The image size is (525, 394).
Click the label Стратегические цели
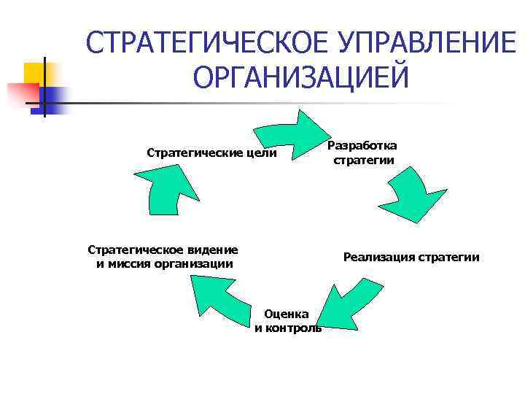212,153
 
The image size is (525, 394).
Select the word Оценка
287,314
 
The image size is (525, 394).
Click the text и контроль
287,328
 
